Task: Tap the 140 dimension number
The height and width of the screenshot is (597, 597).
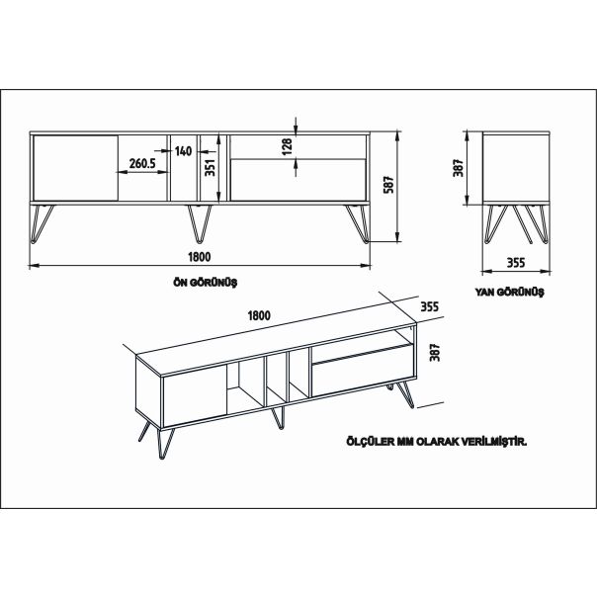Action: tap(183, 151)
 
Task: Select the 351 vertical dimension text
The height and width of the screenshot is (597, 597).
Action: tap(210, 167)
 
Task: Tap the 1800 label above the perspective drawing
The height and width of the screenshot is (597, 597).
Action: tap(259, 315)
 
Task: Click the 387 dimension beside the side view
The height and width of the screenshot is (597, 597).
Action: tap(459, 169)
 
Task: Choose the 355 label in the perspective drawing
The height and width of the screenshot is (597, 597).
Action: tap(429, 306)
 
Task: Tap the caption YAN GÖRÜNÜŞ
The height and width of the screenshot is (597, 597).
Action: tap(510, 293)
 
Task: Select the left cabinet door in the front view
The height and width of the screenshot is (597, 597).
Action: tap(74, 168)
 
